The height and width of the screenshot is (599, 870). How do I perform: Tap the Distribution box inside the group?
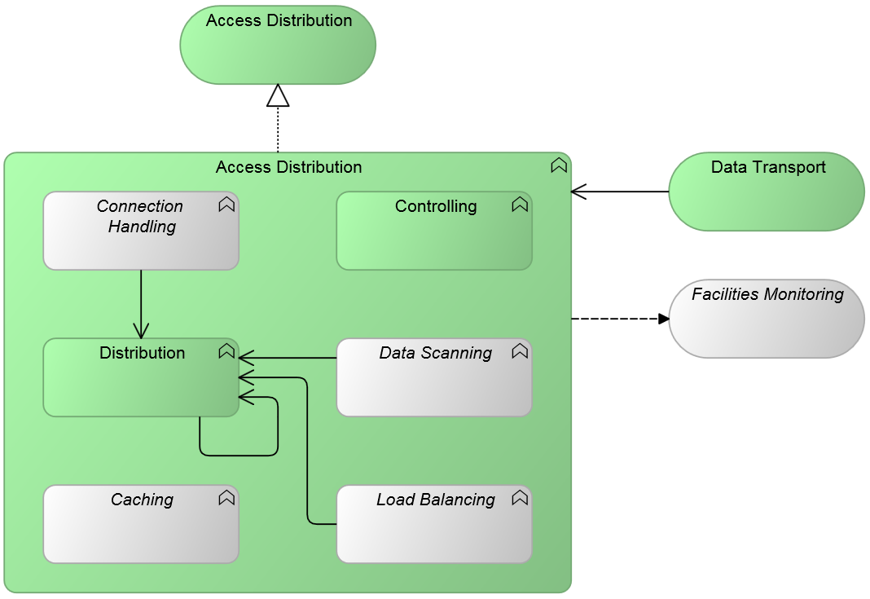click(140, 383)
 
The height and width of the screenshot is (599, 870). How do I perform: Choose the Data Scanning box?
click(433, 383)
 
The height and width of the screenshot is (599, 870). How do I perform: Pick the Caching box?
click(140, 530)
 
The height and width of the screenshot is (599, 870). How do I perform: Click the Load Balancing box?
click(433, 530)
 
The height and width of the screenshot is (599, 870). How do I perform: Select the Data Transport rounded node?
click(766, 196)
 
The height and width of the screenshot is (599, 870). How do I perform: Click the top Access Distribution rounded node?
click(278, 49)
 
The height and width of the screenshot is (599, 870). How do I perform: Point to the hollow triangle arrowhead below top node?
click(278, 96)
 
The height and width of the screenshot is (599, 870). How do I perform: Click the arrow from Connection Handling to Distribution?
click(141, 302)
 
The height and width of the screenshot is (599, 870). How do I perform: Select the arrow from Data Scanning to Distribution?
click(289, 358)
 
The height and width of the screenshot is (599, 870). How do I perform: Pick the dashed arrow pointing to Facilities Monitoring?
click(619, 319)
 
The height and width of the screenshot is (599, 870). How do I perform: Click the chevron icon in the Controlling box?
click(520, 205)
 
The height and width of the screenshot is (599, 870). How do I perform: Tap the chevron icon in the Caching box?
click(226, 499)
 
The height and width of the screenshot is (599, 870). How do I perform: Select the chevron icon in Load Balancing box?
click(520, 499)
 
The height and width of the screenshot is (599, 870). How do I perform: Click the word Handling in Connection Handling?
click(142, 227)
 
